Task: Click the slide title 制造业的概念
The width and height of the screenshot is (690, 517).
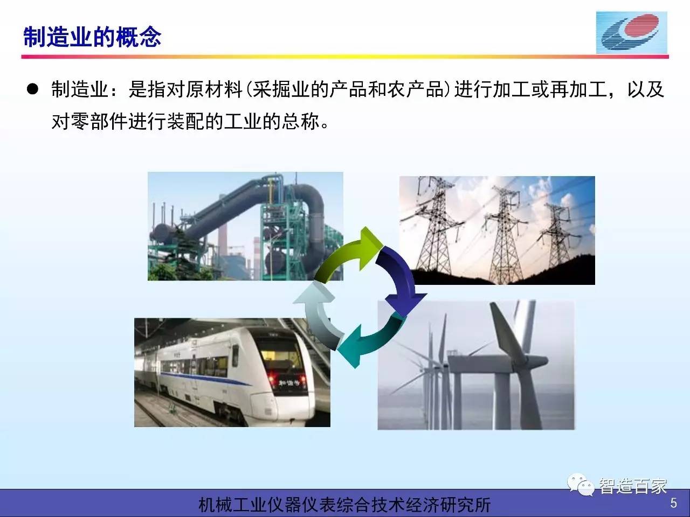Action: [x=92, y=37]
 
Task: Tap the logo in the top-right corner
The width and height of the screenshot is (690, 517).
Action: [x=632, y=33]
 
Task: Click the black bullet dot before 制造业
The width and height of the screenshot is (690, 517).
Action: [x=32, y=89]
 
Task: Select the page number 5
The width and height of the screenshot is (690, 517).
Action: [x=673, y=503]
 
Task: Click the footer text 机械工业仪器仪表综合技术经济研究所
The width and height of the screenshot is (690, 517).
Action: [x=344, y=505]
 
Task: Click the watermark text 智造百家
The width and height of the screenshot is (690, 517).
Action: [x=633, y=486]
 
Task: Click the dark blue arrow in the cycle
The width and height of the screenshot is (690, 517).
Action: [x=401, y=280]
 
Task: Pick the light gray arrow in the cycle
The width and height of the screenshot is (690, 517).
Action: [x=318, y=314]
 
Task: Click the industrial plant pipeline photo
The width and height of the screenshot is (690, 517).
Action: [x=245, y=226]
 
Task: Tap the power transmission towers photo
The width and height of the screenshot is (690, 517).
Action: [x=497, y=230]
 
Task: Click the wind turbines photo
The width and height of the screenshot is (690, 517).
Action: [x=476, y=365]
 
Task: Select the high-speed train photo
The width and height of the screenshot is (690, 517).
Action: [x=232, y=372]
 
